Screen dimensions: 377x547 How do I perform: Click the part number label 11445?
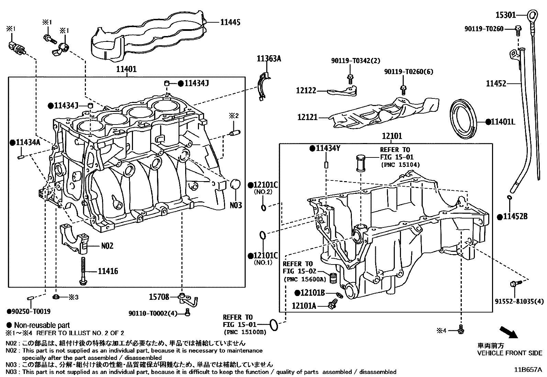click(x=230, y=22)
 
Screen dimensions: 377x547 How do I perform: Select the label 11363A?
click(x=269, y=59)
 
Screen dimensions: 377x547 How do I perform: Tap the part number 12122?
click(x=306, y=91)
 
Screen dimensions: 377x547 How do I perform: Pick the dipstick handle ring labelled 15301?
click(x=532, y=15)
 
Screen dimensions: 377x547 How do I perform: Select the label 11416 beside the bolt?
click(x=108, y=271)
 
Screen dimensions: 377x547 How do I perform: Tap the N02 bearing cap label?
click(x=107, y=246)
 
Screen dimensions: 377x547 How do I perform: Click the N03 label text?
click(x=236, y=205)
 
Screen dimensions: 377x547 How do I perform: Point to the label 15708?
click(x=159, y=297)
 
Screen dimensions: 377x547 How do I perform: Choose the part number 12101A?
click(x=304, y=305)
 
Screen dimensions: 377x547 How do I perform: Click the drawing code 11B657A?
click(x=528, y=370)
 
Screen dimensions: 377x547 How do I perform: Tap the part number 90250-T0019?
click(x=31, y=311)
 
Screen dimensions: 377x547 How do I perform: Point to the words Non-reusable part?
click(x=42, y=325)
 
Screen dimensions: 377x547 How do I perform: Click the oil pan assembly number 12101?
click(x=392, y=136)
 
